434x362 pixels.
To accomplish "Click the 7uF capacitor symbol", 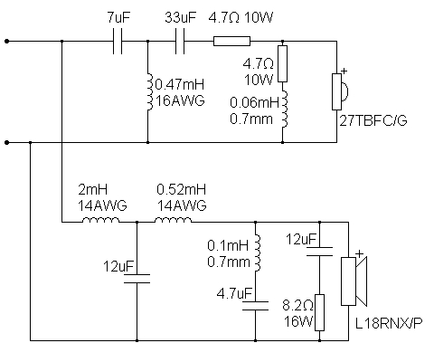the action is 118,42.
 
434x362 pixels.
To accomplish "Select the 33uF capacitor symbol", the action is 180,42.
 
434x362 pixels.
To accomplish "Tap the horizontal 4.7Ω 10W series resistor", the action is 231,42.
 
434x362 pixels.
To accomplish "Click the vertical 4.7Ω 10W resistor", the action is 282,63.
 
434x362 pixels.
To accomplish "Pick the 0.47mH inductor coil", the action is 149,91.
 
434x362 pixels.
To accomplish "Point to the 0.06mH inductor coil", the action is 285,109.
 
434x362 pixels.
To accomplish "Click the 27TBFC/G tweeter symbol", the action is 340,91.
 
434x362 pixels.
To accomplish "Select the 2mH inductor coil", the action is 100,220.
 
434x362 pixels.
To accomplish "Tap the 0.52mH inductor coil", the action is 173,220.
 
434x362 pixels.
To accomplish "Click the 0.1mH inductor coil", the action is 258,252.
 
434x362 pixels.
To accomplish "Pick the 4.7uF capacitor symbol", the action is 255,306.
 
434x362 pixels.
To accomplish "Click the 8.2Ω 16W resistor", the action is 319,312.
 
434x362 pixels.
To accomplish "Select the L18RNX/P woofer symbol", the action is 354,281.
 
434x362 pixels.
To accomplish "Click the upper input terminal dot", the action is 7,41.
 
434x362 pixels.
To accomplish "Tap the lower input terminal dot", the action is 7,142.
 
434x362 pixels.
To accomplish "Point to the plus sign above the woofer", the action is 359,254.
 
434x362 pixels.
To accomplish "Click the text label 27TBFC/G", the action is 373,120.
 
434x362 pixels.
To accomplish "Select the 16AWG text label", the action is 180,100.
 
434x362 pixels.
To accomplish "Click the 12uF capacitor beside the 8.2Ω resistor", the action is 319,252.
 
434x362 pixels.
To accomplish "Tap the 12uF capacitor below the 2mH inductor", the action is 137,279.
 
